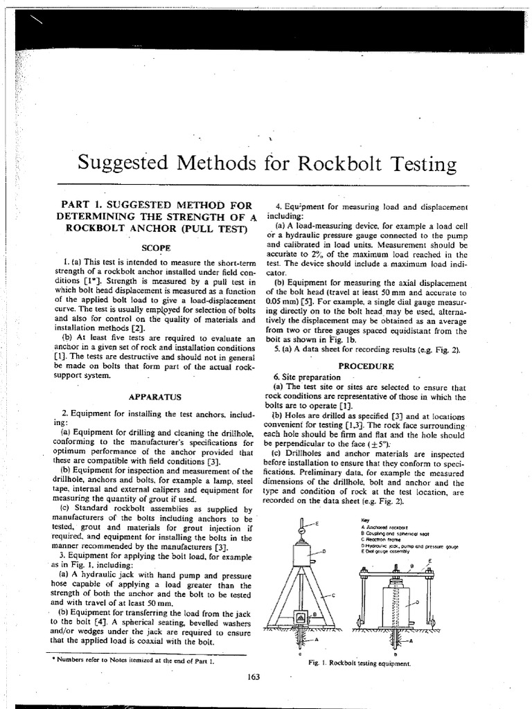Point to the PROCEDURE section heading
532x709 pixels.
click(x=365, y=365)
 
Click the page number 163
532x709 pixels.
click(x=252, y=676)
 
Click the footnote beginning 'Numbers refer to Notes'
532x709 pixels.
click(x=132, y=661)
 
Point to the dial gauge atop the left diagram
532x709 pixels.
click(x=304, y=530)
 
